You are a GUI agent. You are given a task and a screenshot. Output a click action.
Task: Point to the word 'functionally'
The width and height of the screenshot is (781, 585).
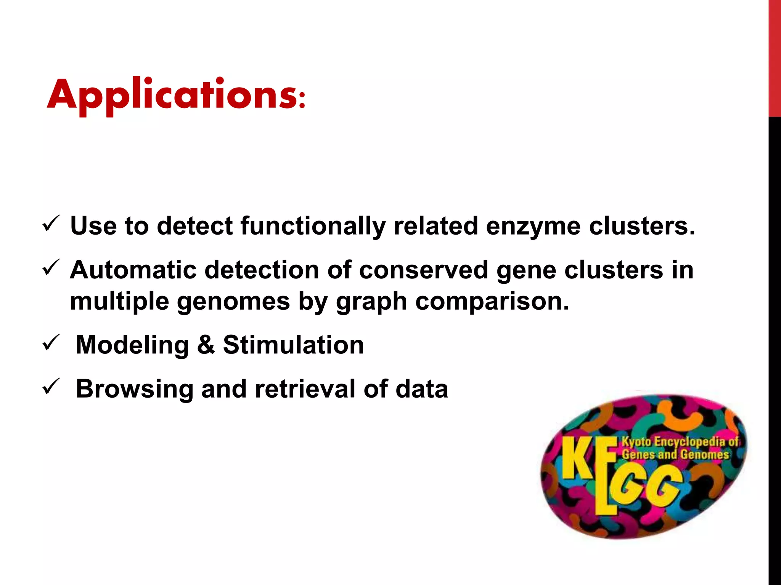pyautogui.click(x=313, y=226)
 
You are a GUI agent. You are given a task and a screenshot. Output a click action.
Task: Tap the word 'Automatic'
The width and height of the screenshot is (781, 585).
pyautogui.click(x=133, y=270)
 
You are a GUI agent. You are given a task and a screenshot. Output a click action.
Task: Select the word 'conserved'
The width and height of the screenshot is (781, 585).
pyautogui.click(x=423, y=270)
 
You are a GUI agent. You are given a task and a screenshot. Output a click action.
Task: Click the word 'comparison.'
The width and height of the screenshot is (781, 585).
pyautogui.click(x=492, y=302)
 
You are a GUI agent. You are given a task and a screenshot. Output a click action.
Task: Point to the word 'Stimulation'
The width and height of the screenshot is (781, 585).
pyautogui.click(x=293, y=345)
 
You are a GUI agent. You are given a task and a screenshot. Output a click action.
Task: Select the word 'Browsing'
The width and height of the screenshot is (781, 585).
pyautogui.click(x=134, y=389)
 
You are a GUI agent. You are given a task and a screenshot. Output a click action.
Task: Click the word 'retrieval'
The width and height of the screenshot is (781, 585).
pyautogui.click(x=304, y=388)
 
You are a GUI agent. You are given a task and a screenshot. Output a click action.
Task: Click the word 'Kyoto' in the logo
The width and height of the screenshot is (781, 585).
pyautogui.click(x=636, y=442)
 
